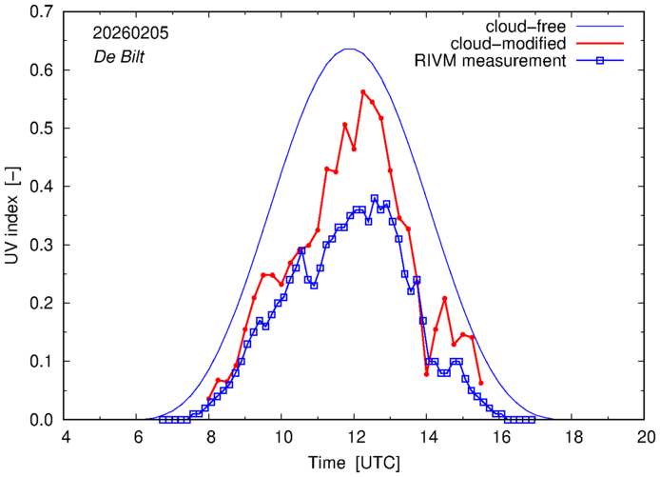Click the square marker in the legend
[599, 62]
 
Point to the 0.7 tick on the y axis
[37, 12]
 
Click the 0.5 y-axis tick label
[37, 129]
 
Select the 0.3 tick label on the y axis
[37, 245]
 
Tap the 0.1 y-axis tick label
[37, 361]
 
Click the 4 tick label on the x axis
[66, 435]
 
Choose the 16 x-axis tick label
[501, 435]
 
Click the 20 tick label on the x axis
[646, 435]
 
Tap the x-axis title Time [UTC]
[354, 461]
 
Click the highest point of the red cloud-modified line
[363, 92]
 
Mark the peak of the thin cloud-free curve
[350, 49]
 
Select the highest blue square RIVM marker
[374, 198]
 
